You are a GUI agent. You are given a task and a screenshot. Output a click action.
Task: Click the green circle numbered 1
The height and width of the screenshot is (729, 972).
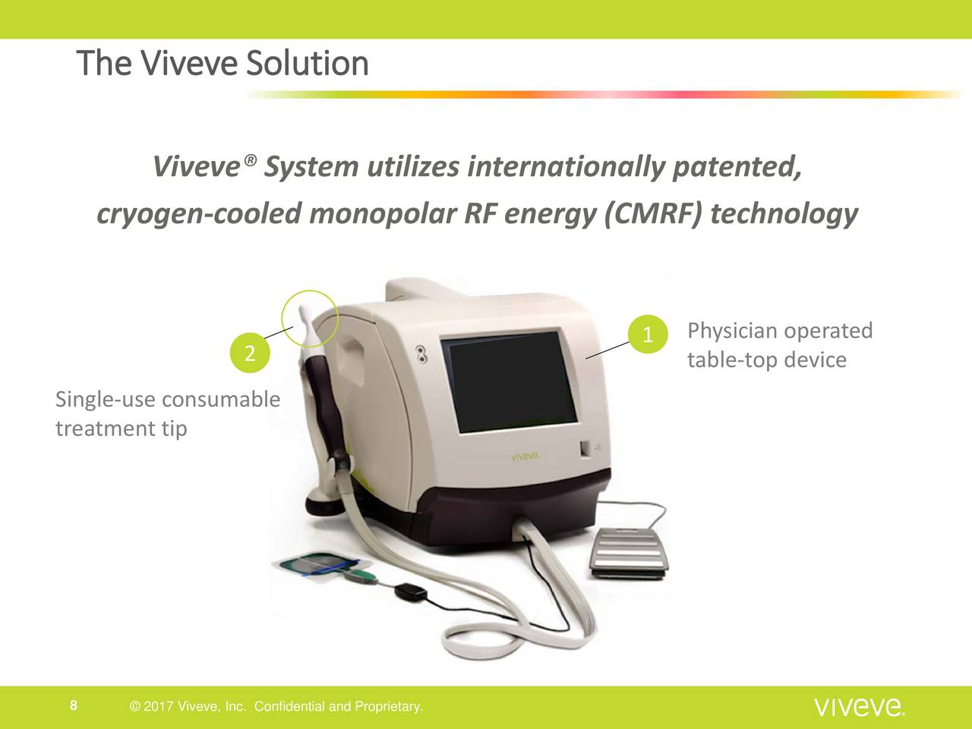[648, 334]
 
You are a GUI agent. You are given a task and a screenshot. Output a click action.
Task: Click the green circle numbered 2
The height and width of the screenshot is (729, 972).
[250, 353]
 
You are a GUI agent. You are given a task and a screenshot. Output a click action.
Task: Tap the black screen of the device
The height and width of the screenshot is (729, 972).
[510, 381]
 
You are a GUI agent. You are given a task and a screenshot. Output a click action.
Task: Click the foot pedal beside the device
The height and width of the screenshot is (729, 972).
[630, 553]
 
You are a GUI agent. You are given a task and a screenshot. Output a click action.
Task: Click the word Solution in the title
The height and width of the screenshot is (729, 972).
[307, 63]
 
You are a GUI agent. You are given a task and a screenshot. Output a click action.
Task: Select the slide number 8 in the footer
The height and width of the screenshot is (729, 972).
[74, 705]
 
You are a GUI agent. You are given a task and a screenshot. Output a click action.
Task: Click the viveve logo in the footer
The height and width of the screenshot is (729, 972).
[860, 707]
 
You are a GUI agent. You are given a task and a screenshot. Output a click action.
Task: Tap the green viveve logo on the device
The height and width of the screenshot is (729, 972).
[525, 456]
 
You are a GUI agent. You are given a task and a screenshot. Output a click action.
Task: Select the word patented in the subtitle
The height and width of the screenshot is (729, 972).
[737, 168]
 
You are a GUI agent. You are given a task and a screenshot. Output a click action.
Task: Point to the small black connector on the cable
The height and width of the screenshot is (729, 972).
[410, 592]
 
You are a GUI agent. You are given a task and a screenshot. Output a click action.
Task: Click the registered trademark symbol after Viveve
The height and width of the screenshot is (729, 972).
[250, 159]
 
